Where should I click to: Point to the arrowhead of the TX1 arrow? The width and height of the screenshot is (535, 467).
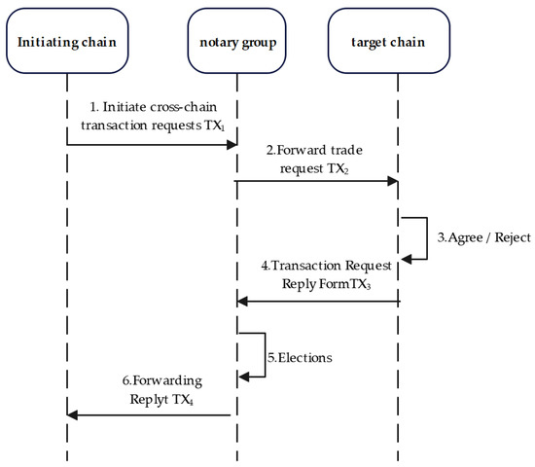[232, 145]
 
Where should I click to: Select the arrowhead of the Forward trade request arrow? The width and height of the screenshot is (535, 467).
[394, 181]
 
